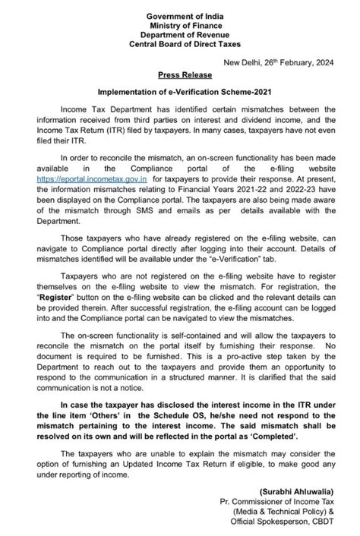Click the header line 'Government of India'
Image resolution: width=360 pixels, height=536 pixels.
[x=180, y=6]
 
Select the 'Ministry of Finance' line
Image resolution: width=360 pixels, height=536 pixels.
[x=180, y=17]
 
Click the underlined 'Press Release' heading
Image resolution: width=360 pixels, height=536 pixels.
[x=180, y=77]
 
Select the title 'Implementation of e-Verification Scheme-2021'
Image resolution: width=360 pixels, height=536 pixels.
[x=180, y=93]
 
